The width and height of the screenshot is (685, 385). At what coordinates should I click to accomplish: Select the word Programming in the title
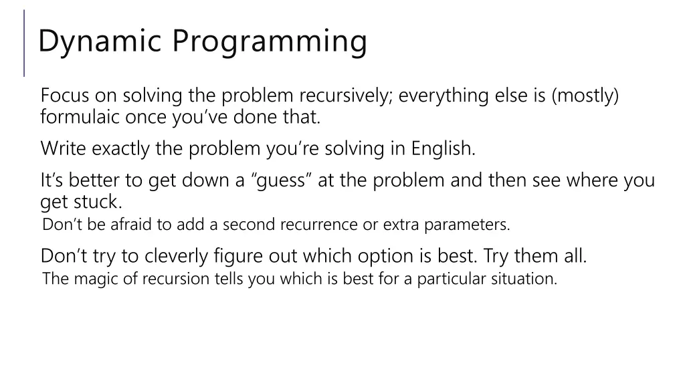(270, 41)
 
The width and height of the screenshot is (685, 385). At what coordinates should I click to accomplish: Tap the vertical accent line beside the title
(25, 43)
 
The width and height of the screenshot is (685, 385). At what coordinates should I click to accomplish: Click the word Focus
(64, 96)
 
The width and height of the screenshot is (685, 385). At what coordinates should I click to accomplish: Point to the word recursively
(346, 96)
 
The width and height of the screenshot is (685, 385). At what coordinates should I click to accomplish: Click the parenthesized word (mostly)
(585, 96)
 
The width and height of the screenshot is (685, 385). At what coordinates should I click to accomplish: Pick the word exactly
(121, 148)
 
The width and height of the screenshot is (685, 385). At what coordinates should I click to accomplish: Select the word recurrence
(318, 225)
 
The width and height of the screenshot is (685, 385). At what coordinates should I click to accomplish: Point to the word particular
(449, 279)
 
